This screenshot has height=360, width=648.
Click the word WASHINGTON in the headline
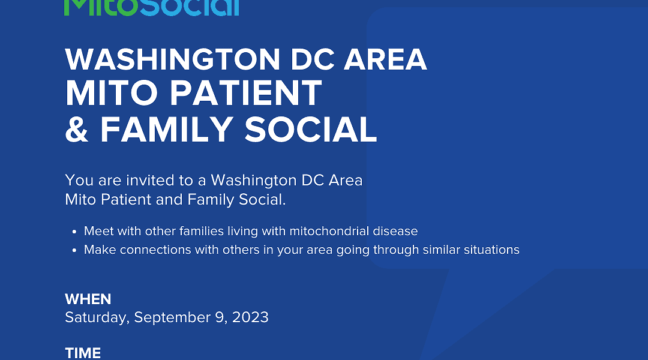click(x=173, y=59)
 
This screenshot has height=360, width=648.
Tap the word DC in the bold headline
click(x=312, y=59)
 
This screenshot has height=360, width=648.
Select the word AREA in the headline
click(x=385, y=59)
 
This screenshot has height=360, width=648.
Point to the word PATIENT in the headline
click(x=245, y=94)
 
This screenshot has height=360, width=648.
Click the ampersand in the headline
click(x=77, y=130)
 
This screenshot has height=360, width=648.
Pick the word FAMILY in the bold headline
click(x=167, y=130)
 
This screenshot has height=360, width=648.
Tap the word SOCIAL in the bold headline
click(x=311, y=130)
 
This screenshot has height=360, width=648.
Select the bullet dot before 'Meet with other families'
click(x=74, y=232)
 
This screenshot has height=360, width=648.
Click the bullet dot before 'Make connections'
click(x=74, y=250)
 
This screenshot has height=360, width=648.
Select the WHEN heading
click(x=88, y=299)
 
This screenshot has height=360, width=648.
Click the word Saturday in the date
click(x=97, y=318)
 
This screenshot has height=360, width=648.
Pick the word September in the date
click(x=172, y=318)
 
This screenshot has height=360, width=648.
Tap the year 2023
click(x=250, y=317)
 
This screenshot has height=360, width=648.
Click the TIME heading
click(x=83, y=353)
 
